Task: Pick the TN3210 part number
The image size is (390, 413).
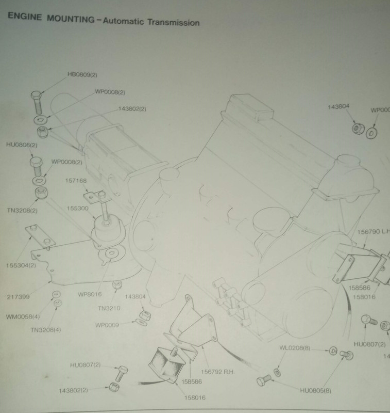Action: [110, 308]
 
